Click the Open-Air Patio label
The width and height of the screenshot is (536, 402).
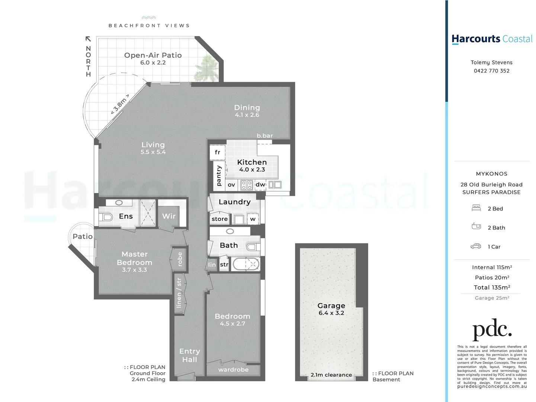(153, 55)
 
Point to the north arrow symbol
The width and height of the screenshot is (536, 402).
(88, 39)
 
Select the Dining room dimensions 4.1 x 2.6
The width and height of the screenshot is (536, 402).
(247, 115)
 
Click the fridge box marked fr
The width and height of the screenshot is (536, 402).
(218, 152)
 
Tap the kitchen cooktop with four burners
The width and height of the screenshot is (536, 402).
(247, 185)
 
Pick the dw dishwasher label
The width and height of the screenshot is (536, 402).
(260, 185)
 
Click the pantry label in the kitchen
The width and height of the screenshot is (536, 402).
(219, 176)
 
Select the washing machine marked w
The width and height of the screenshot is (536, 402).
(253, 219)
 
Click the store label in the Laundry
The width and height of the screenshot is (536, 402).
(219, 219)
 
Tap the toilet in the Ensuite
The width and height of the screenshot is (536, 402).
(106, 217)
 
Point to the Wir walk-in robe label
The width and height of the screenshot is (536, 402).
(169, 216)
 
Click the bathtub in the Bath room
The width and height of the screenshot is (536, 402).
(246, 265)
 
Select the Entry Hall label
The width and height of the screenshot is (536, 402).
(190, 355)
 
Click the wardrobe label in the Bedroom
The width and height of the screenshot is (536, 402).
(233, 370)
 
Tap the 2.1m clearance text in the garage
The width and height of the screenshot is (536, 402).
(331, 375)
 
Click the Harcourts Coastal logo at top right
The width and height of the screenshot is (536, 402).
(492, 39)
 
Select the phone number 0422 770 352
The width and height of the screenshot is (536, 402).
(491, 71)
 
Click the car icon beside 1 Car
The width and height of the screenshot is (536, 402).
(476, 246)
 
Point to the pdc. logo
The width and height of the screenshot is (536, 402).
(492, 329)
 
